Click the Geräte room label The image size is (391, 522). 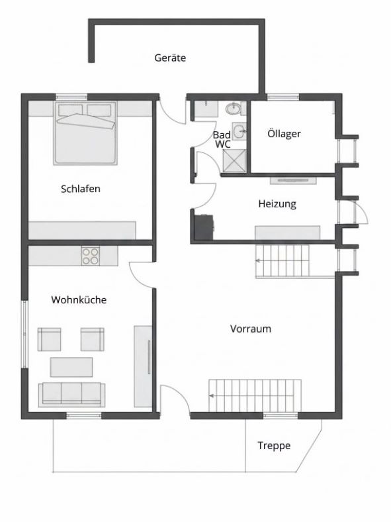pos(170,58)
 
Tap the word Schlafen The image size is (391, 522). pos(80,189)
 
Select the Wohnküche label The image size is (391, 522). pos(79,299)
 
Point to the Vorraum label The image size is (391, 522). pos(251,329)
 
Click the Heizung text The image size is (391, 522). pos(277,204)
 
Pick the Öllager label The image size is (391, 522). pos(284,133)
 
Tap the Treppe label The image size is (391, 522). pos(274,446)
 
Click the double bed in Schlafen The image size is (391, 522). pos(85,132)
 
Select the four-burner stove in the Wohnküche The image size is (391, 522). pos(90,256)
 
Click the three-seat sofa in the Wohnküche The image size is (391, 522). pos(71,393)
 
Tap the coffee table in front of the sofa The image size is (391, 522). pos(71,366)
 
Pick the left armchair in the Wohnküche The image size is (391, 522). pos(49,339)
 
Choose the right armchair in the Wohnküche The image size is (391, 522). pos(92,339)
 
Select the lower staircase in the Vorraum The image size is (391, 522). pos(255,395)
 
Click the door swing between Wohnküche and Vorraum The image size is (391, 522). pos(142,272)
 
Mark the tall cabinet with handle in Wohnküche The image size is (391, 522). pos(144,366)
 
